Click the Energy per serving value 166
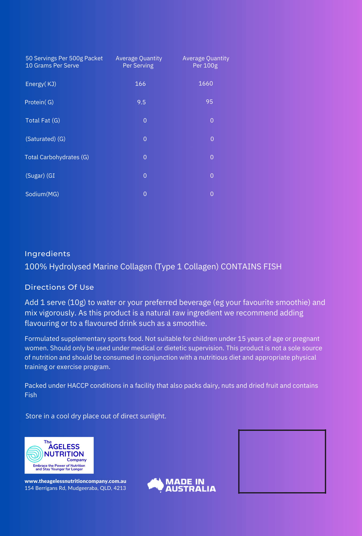click(140, 84)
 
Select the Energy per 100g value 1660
click(206, 84)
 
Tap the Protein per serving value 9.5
click(141, 102)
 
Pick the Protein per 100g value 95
click(209, 102)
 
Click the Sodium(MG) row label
click(42, 194)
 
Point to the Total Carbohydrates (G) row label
click(57, 157)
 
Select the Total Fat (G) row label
click(43, 121)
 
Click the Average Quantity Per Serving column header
click(139, 62)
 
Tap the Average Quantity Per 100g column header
click(206, 62)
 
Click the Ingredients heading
click(47, 254)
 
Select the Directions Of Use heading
click(59, 287)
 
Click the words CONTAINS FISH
click(251, 267)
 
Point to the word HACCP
click(78, 386)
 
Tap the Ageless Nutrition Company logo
click(59, 455)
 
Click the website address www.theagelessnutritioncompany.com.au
click(75, 481)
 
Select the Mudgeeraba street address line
click(75, 488)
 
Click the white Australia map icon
click(155, 485)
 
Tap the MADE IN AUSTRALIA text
click(190, 485)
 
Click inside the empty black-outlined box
click(282, 461)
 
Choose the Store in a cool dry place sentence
click(96, 416)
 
